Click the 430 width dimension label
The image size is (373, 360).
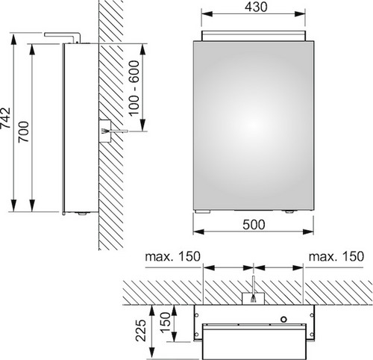tap(256, 7)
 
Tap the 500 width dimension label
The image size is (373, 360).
tap(254, 225)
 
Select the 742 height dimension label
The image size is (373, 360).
tap(5, 118)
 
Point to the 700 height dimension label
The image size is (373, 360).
tap(24, 131)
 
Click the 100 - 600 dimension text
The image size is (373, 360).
tap(134, 88)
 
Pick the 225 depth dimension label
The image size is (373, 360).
tap(141, 330)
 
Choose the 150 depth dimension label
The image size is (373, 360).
tap(165, 323)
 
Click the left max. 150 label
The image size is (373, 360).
tap(172, 256)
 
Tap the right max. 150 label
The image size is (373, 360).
tap(336, 256)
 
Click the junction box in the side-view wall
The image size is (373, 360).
tap(104, 131)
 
